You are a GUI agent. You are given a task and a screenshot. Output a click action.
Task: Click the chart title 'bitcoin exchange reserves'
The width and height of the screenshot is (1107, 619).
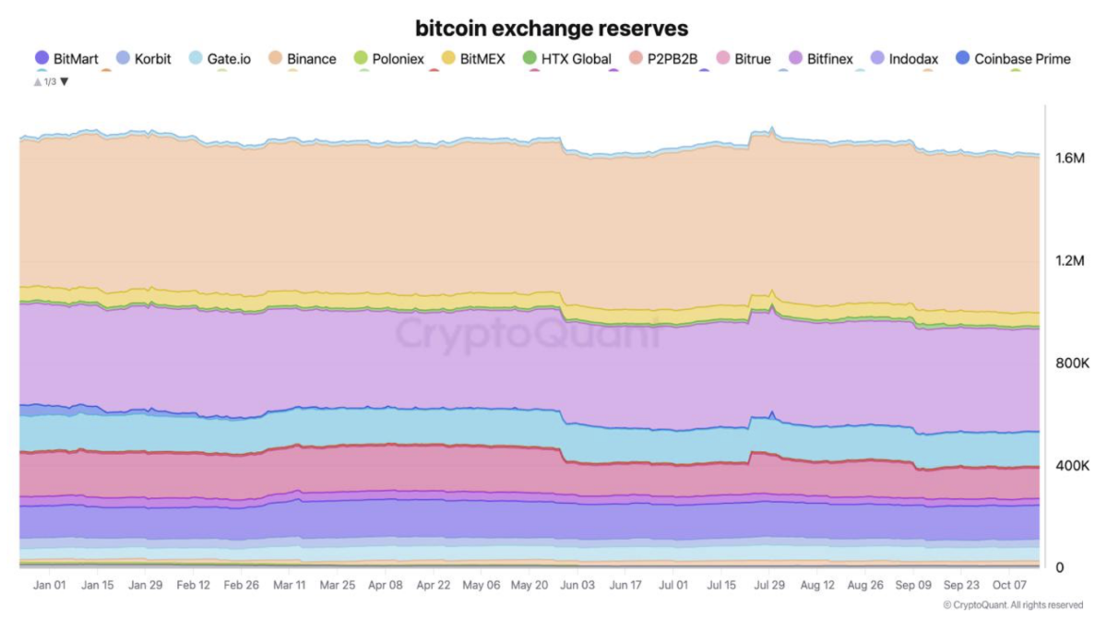coord(552,29)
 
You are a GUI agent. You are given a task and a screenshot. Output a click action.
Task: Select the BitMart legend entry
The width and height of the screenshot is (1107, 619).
coord(66,59)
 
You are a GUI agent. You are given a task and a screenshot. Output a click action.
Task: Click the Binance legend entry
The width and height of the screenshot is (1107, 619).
coord(303,59)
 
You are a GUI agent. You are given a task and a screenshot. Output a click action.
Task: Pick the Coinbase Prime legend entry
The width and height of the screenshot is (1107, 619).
coord(1013,59)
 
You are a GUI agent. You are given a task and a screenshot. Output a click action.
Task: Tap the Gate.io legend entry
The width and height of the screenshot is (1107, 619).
coord(220,59)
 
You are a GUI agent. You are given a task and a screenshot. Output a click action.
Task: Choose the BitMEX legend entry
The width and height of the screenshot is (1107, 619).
coord(473,59)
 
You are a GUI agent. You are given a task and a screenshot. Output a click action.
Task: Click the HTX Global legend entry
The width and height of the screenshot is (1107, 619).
coord(567,59)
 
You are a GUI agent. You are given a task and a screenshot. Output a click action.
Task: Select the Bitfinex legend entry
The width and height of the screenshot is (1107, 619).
coord(821,59)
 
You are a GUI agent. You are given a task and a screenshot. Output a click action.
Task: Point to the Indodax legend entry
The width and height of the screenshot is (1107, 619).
coord(904,59)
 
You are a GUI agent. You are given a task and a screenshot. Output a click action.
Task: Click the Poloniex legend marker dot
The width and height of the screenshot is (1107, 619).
coord(362,58)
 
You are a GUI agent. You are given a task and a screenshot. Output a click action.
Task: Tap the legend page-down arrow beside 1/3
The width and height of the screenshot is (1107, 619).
coord(65,81)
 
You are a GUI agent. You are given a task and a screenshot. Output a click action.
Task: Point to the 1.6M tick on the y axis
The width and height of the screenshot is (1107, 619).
coord(1070,158)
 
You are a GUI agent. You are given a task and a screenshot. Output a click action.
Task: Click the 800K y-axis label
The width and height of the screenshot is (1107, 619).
coord(1072,363)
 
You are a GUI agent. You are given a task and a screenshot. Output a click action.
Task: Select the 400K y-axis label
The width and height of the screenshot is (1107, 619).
coord(1072,465)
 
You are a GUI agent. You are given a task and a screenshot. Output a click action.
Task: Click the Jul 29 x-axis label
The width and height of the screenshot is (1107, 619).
coord(769,585)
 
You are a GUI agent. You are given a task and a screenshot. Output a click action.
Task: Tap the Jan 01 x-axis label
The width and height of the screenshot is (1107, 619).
coord(49,585)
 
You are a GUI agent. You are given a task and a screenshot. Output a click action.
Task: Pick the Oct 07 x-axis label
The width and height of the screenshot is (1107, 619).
coord(1009,585)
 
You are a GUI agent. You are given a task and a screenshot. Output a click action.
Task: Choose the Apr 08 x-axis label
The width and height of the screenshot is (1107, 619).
coord(385,585)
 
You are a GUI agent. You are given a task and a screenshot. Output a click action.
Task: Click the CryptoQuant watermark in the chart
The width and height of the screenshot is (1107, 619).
coord(528,334)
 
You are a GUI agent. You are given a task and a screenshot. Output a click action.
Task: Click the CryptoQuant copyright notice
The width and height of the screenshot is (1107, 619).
coord(1013,604)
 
